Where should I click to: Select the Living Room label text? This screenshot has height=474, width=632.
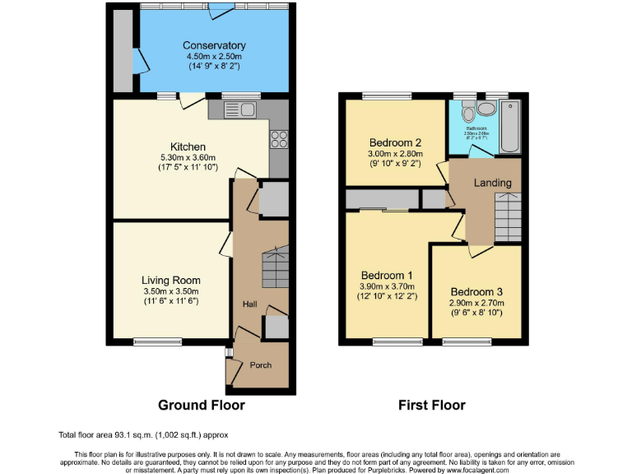pos(170,281)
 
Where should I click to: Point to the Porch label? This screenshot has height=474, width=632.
pos(260,365)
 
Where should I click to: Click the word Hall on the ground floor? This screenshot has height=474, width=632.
pos(249,304)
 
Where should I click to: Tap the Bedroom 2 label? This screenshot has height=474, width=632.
pos(395,142)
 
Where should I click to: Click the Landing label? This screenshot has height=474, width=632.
pos(493,183)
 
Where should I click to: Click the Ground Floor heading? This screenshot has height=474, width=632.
pos(202,405)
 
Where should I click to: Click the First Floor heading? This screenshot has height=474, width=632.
pos(432,405)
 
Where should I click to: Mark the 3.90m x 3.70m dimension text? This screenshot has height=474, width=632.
pos(387,286)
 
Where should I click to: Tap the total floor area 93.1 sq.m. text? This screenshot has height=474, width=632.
pos(143,434)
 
